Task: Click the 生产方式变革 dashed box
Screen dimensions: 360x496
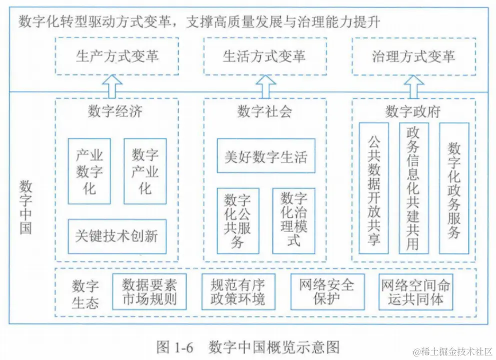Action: (x=117, y=56)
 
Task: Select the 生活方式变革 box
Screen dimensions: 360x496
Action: (x=265, y=56)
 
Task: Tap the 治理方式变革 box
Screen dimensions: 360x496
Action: (x=413, y=56)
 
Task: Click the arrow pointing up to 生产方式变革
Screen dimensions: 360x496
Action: (x=115, y=86)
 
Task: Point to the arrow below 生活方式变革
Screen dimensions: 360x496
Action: (x=264, y=86)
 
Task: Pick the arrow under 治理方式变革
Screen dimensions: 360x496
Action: (x=413, y=86)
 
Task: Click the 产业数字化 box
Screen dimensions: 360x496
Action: (x=89, y=171)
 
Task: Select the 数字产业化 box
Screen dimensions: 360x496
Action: (x=145, y=171)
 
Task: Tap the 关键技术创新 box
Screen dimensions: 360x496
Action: (x=117, y=235)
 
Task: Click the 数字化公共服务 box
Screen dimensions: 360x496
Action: (x=238, y=220)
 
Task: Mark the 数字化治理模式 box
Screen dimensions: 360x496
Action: (x=294, y=220)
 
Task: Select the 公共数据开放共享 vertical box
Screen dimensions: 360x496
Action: (x=374, y=188)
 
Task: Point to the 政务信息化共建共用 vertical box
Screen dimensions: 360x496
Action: (x=413, y=188)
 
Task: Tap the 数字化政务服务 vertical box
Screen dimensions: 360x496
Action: (x=454, y=188)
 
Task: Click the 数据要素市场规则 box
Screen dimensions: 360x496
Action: (x=149, y=292)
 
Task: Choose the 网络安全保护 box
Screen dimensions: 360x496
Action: (x=327, y=292)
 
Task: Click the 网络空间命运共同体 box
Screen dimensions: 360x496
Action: (x=416, y=292)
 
